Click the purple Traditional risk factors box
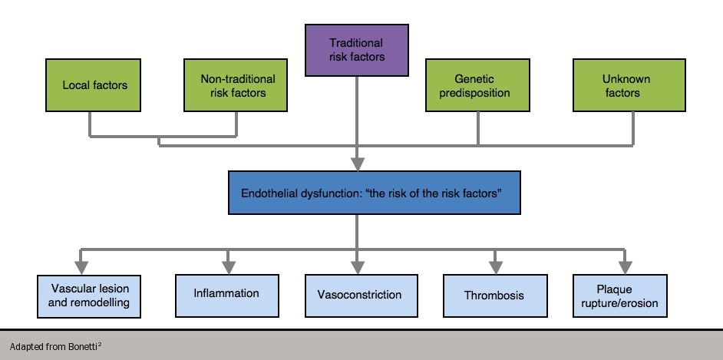pyautogui.click(x=356, y=50)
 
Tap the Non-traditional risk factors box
pyautogui.click(x=237, y=85)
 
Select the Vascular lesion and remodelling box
pyautogui.click(x=90, y=296)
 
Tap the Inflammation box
pyautogui.click(x=226, y=296)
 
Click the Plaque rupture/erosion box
pyautogui.click(x=626, y=296)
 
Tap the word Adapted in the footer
pyautogui.click(x=26, y=346)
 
